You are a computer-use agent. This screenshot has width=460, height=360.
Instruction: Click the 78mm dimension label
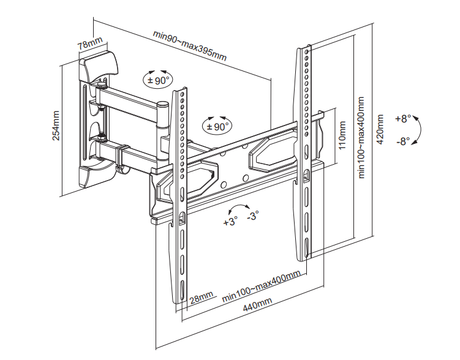click(x=90, y=43)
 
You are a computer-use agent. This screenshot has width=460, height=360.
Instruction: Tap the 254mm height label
click(x=56, y=126)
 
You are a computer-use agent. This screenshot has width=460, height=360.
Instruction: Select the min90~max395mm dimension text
click(x=190, y=45)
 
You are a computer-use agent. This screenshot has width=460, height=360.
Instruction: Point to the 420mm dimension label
click(x=380, y=129)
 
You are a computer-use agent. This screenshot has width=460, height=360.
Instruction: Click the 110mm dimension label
click(x=342, y=135)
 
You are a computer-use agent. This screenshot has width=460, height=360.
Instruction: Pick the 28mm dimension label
click(x=202, y=298)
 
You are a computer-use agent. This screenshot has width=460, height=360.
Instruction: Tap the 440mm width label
click(x=257, y=304)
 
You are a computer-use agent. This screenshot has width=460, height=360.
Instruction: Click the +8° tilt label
click(x=403, y=119)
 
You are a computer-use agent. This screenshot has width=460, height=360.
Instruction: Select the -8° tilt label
click(x=403, y=141)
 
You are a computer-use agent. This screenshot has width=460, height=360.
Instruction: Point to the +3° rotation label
click(x=230, y=222)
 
